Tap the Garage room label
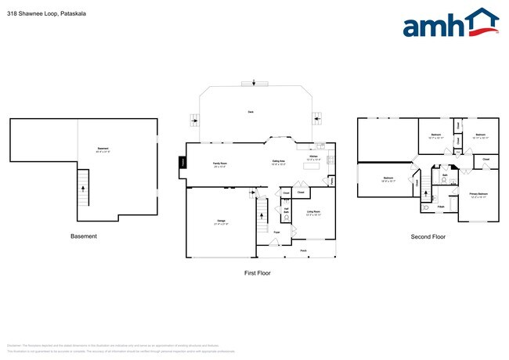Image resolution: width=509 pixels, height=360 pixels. [x=221, y=221]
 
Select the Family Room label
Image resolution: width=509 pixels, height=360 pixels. [x=220, y=164]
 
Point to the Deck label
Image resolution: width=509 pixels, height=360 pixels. [x=251, y=112]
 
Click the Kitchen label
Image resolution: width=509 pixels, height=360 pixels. [x=312, y=157]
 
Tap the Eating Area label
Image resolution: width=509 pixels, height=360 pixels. [x=278, y=162]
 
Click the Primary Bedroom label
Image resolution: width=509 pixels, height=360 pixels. [x=478, y=193]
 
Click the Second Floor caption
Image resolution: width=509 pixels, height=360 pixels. [x=428, y=236]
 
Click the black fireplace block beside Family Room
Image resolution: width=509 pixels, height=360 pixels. [x=183, y=163]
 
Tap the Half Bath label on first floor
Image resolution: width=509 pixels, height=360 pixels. [x=287, y=210]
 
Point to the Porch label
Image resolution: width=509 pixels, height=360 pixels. [x=303, y=250]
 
